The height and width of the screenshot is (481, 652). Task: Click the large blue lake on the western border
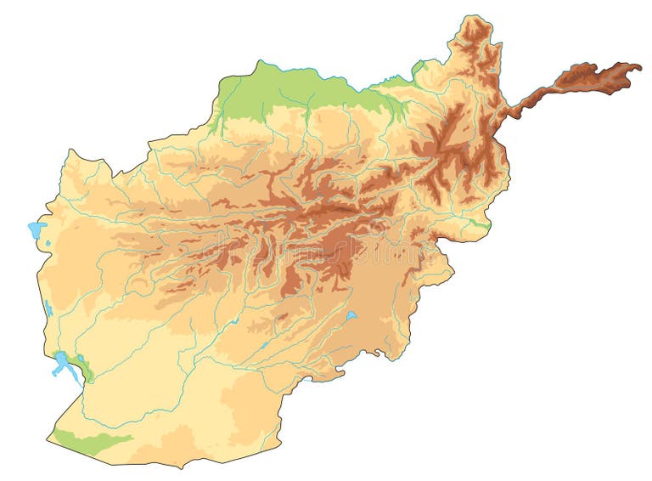pyautogui.click(x=36, y=229)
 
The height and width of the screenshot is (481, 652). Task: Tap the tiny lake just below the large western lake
pyautogui.click(x=48, y=246)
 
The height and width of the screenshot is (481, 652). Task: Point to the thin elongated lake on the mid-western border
pyautogui.click(x=48, y=307)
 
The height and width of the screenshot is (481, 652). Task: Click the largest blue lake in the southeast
pyautogui.click(x=351, y=316)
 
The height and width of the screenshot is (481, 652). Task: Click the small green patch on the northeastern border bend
pyautogui.click(x=418, y=66)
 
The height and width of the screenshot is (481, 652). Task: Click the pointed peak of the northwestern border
pyautogui.click(x=259, y=60)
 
